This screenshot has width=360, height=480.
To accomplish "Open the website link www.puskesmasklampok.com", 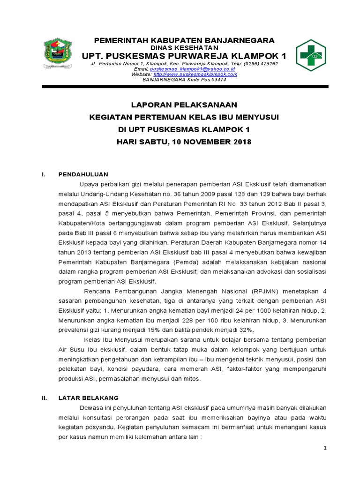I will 195,74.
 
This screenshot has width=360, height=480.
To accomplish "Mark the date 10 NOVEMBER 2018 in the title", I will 212,142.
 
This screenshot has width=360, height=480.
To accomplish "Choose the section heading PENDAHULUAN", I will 83,174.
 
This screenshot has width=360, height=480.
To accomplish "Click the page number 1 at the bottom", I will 324,449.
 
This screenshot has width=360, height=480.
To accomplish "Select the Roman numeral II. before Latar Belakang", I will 45,397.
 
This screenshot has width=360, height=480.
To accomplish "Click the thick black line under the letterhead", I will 184,86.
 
